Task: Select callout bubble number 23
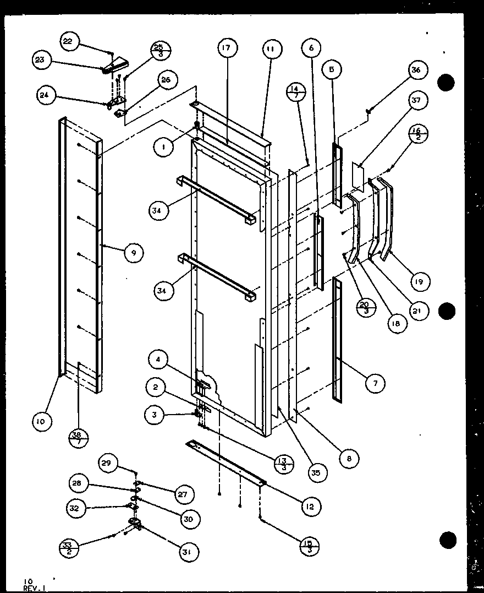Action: point(40,60)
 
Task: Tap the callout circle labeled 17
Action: point(226,48)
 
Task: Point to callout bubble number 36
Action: point(415,70)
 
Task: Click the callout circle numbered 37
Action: point(415,100)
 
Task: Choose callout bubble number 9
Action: point(134,253)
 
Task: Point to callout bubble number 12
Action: point(311,507)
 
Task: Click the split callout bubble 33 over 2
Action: point(68,548)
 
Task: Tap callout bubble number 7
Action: point(375,383)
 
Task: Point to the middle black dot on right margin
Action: point(447,311)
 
